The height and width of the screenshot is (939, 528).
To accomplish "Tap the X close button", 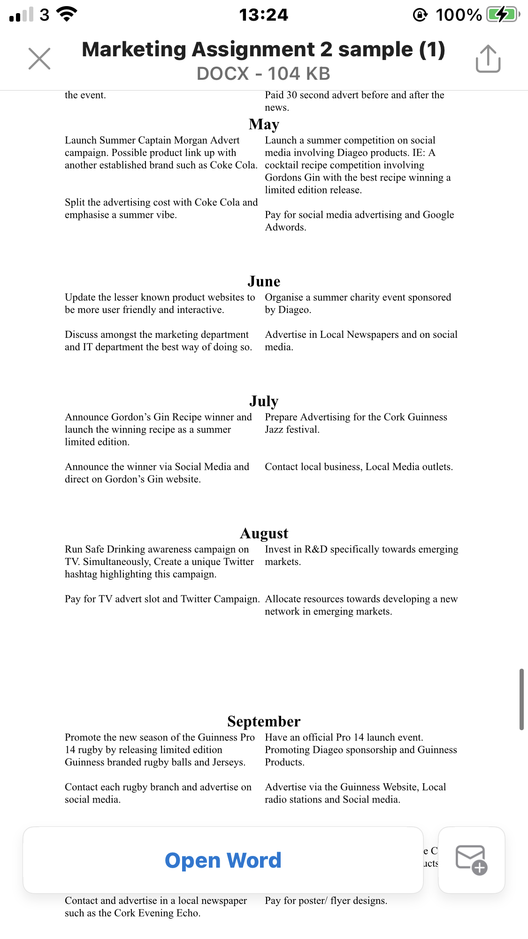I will click(x=39, y=59).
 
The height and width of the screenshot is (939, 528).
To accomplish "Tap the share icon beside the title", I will click(x=488, y=59).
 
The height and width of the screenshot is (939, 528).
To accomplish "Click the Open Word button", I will click(x=223, y=860).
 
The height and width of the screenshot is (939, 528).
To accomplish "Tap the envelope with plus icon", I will click(x=471, y=860).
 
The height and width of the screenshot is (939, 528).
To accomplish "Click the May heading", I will click(x=264, y=124).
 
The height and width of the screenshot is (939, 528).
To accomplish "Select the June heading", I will click(x=264, y=281).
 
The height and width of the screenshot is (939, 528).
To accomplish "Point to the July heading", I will click(x=264, y=401).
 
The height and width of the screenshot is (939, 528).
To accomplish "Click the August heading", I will click(x=264, y=533).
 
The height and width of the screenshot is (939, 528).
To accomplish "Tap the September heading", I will click(x=264, y=721).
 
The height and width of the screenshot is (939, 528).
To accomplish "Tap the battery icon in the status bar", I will click(x=502, y=15).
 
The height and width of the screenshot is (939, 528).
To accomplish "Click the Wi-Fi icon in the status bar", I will click(x=67, y=15).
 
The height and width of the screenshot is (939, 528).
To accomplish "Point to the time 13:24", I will click(x=264, y=15).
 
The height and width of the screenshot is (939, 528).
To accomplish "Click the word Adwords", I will click(x=285, y=227).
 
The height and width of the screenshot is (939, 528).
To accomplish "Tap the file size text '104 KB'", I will click(x=299, y=74).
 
